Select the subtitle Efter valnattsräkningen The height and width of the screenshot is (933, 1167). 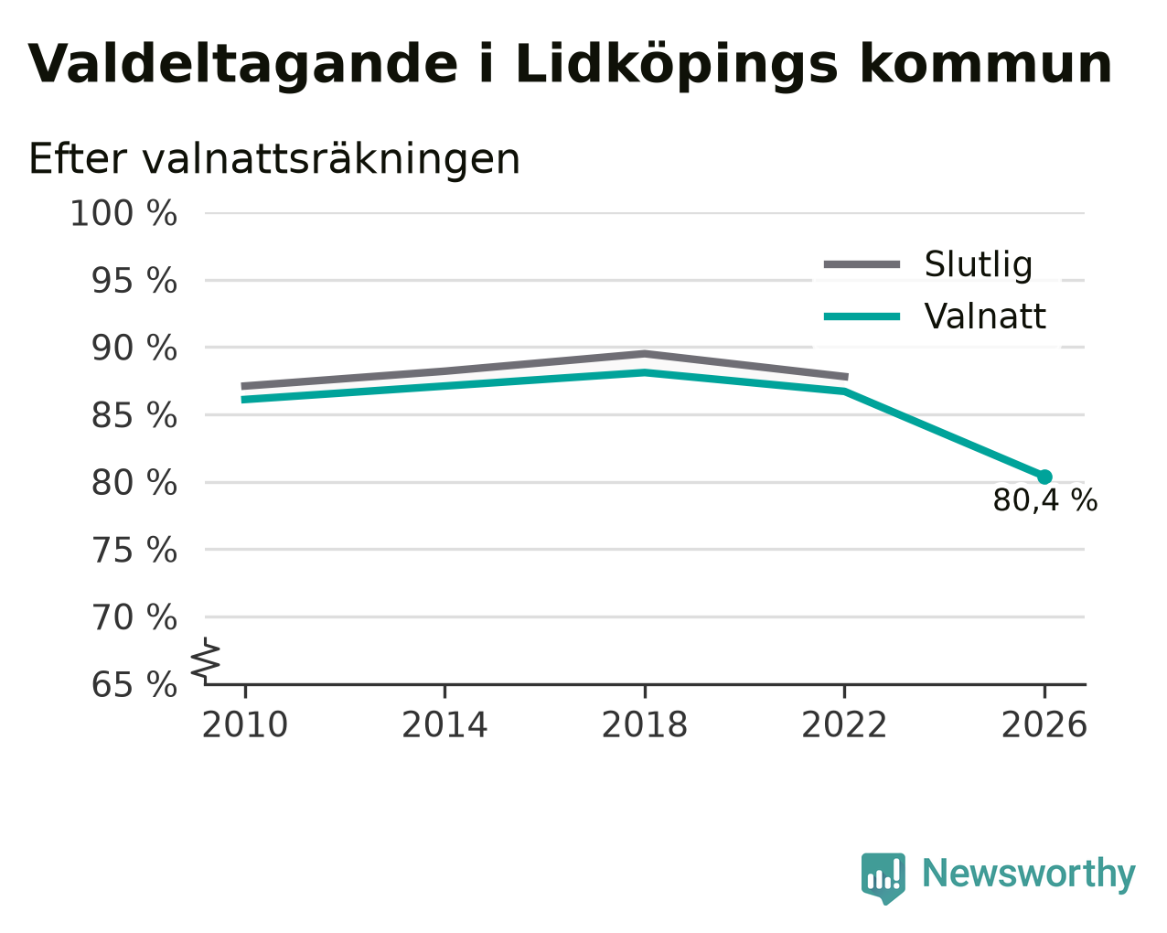tap(273, 159)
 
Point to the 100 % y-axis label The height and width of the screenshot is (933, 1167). tap(123, 213)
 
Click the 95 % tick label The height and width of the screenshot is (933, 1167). tap(134, 281)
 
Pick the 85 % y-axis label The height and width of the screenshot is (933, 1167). tap(134, 416)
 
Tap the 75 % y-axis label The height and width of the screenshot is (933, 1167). tap(134, 551)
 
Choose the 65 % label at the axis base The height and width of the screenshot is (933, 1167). tap(134, 684)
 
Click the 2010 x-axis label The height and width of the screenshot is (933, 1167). tap(244, 725)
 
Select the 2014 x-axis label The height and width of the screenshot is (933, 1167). tap(444, 725)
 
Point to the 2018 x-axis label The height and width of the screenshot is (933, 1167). tap(645, 725)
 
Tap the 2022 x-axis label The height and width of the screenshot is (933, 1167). tap(844, 725)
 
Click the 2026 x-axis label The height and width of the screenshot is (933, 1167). tap(1044, 725)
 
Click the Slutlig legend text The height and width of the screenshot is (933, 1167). tap(979, 264)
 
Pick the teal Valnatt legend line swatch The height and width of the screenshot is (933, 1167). tap(862, 316)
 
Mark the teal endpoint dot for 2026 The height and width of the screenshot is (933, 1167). tap(1044, 477)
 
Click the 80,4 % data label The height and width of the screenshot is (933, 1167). tap(1045, 500)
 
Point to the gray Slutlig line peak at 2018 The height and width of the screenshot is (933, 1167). tap(645, 354)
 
